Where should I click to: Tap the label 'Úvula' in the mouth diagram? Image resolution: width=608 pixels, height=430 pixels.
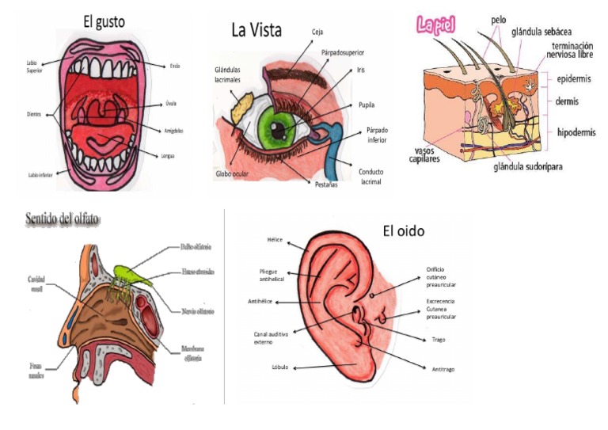(x=171, y=102)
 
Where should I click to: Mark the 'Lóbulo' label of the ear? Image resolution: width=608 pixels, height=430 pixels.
(x=279, y=367)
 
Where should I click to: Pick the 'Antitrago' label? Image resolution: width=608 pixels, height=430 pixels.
(x=445, y=369)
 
